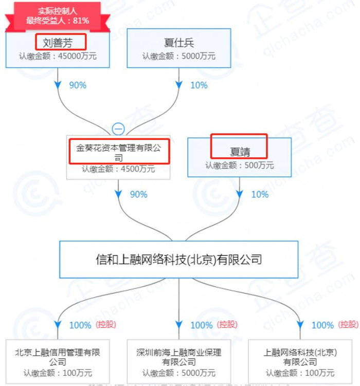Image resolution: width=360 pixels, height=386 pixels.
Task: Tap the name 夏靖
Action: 239,152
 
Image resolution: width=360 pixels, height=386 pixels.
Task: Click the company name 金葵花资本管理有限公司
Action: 119,153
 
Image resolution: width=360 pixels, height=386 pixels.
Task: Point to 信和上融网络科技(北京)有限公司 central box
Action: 179,259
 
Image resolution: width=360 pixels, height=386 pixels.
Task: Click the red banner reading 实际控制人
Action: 58,11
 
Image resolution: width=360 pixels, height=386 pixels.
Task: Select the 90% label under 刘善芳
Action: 78,85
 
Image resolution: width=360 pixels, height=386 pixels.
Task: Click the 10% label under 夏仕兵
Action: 199,85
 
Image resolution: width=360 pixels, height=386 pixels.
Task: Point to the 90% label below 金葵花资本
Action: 138,194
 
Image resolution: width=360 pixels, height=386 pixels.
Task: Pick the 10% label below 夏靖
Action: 260,194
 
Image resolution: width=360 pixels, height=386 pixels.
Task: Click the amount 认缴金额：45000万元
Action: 58,57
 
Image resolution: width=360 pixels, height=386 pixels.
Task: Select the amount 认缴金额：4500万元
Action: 118,168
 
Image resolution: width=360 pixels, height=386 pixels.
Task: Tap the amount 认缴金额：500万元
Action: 240,166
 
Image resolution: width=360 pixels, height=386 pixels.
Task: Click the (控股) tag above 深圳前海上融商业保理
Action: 228,324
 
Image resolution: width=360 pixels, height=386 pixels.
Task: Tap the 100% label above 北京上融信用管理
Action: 80,325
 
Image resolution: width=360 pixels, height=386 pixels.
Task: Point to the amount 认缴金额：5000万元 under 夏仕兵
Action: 179,57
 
